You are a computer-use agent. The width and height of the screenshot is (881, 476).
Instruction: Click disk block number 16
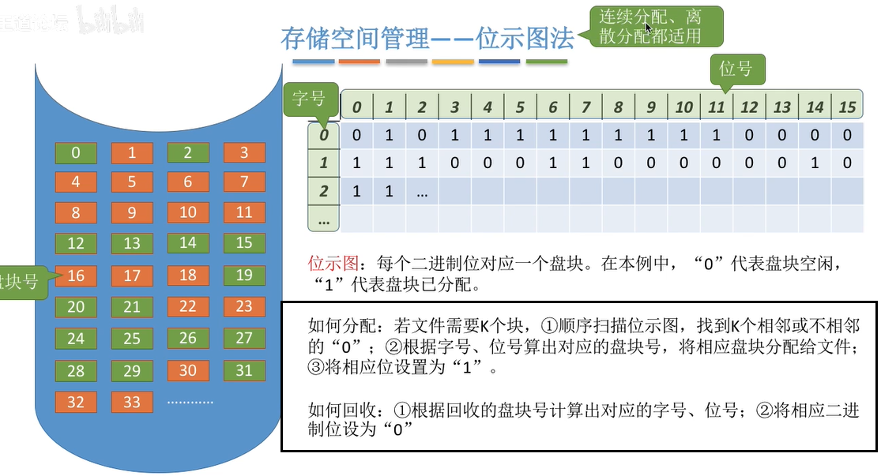[76, 275]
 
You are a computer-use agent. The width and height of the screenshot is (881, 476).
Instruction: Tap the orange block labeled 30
[188, 370]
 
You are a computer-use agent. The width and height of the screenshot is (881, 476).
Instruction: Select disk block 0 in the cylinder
[76, 152]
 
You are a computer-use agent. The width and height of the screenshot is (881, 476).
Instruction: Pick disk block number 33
[132, 402]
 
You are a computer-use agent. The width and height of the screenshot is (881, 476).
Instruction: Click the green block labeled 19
[244, 275]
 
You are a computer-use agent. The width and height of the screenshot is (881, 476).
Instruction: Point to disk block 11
[244, 212]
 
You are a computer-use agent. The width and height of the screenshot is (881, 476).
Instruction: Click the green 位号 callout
[736, 69]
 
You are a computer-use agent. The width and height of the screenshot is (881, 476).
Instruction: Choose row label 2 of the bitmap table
[324, 192]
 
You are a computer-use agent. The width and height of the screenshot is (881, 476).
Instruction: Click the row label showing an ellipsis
[324, 220]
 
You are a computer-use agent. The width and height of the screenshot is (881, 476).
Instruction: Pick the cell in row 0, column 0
[357, 135]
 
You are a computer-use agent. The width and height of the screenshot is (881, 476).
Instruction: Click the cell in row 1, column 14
[815, 163]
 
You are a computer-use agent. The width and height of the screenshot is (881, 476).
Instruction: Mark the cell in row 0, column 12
[749, 135]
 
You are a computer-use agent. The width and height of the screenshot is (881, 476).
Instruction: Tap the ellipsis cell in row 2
[422, 192]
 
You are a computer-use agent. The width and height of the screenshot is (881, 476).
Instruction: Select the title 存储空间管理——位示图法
[427, 39]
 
